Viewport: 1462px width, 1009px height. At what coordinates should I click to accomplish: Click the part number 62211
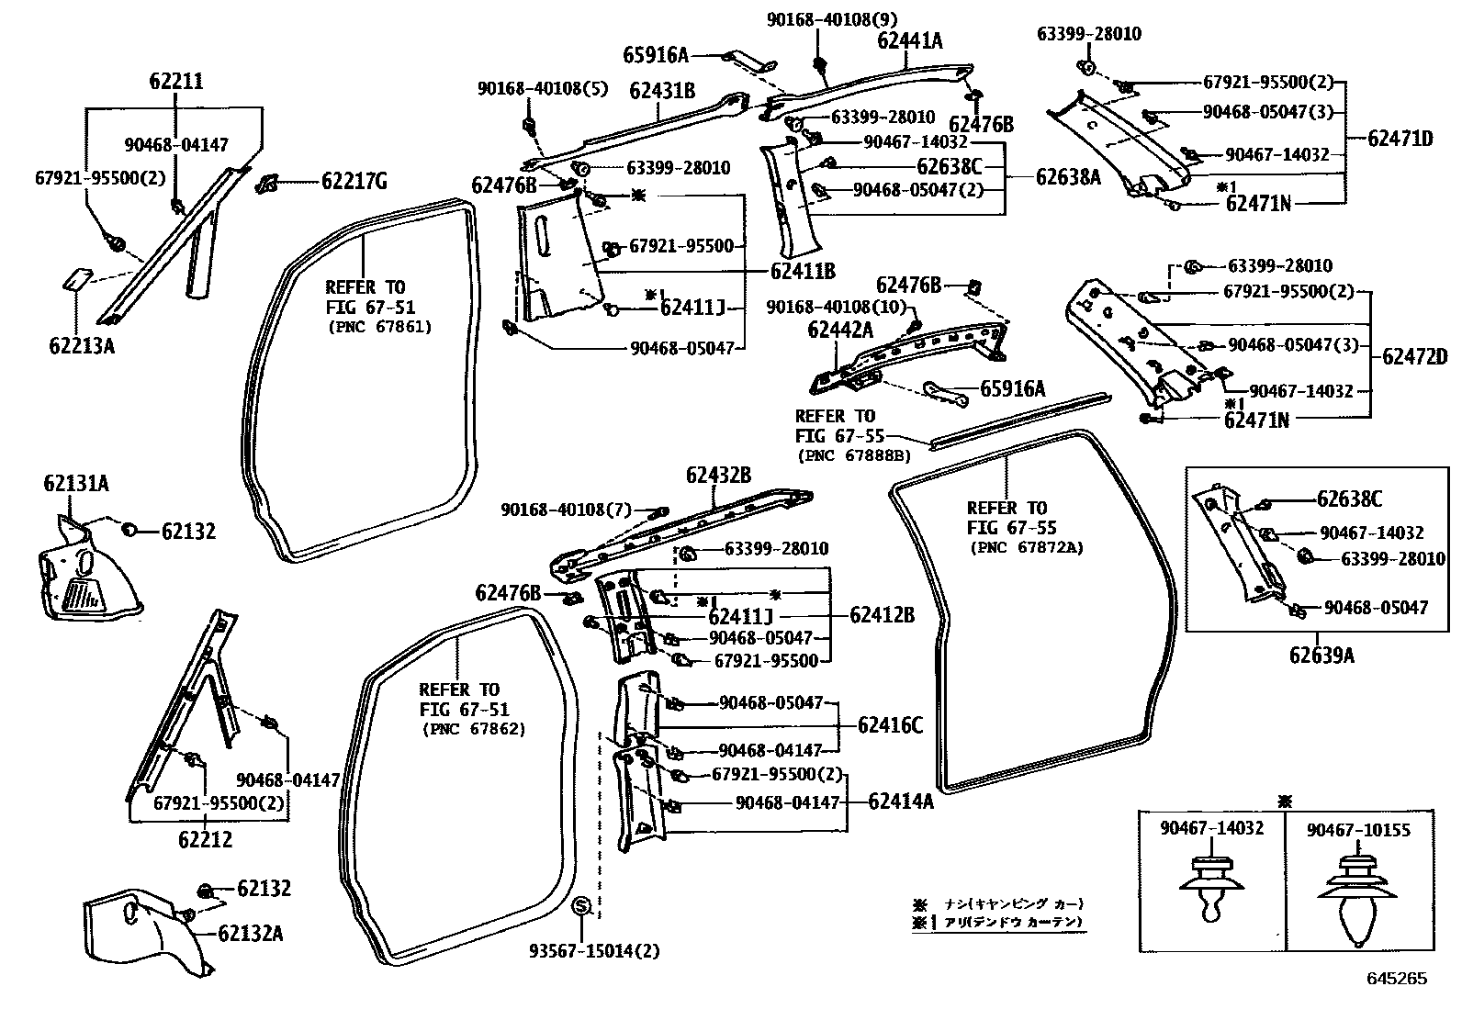pos(176,82)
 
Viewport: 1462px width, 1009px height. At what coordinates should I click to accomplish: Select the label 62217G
pos(354,182)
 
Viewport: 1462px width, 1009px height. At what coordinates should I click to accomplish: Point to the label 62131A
pos(75,483)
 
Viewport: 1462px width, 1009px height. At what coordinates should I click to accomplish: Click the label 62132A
pos(250,934)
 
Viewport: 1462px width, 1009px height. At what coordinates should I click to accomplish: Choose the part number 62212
pos(205,839)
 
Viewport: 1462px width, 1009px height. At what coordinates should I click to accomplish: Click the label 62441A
pos(910,40)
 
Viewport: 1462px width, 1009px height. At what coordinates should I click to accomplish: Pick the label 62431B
pos(661,90)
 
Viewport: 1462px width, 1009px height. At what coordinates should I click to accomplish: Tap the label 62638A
pos(1068,177)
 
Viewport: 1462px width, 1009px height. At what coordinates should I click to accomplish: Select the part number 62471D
pos(1400,139)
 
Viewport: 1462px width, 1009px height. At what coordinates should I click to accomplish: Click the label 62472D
pos(1414,357)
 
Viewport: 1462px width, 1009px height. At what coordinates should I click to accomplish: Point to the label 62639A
pos(1321,655)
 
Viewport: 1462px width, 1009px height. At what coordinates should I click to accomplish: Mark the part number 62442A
pos(840,328)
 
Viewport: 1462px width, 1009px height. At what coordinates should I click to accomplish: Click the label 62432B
pos(718,475)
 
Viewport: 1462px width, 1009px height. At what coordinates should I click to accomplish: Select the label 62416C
pos(890,725)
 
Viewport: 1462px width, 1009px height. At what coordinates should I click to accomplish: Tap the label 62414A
pos(901,802)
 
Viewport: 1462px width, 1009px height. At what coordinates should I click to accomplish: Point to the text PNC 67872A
pos(1026,548)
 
